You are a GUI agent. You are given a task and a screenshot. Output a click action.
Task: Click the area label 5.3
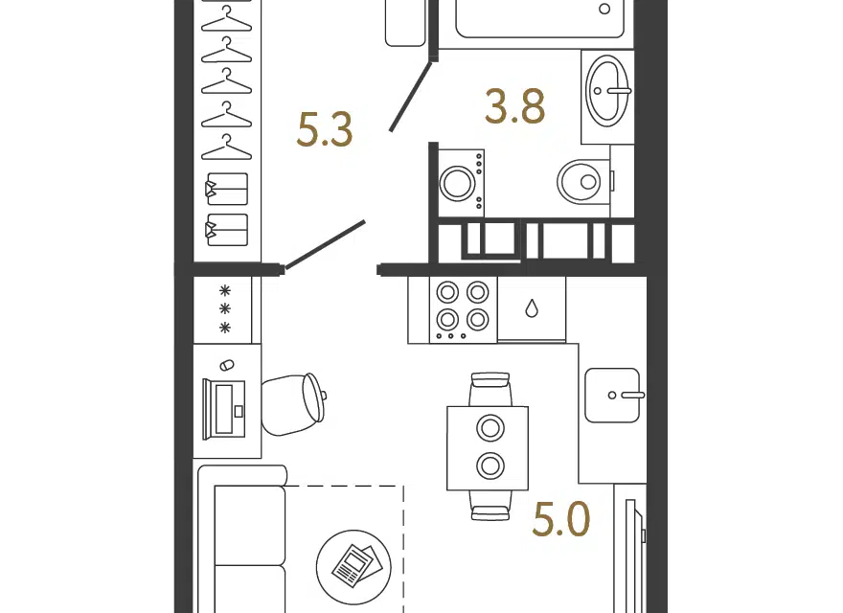pos(324,130)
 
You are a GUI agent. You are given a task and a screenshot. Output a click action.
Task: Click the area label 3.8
pos(514,106)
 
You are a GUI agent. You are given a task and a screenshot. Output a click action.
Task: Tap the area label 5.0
pos(560,519)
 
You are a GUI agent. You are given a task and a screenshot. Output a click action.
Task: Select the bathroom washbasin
pos(607,91)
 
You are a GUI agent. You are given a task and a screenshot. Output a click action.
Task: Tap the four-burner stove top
pos(463,310)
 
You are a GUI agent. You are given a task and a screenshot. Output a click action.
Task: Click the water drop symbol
pos(531,308)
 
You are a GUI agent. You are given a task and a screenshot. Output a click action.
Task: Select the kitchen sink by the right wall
pos(612,396)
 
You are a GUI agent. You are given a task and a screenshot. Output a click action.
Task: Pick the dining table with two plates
pos(488,448)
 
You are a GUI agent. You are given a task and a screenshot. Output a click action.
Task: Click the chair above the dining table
pos(490,389)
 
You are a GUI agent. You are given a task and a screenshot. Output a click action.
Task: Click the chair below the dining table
pos(490,506)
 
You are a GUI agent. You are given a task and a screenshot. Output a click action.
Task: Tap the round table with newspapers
pos(353,567)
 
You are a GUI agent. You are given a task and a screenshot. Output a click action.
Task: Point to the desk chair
pos(293,404)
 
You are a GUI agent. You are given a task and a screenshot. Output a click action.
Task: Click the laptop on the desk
pos(224,409)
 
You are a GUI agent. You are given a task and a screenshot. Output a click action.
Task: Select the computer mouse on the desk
pos(227,365)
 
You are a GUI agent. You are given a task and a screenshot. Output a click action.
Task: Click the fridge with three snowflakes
pos(226,309)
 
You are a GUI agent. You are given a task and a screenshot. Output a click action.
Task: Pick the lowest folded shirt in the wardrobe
pos(227,230)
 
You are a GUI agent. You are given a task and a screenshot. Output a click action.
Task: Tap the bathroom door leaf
pos(410,97)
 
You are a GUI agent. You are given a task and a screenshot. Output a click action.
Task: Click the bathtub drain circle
pos(604,9)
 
